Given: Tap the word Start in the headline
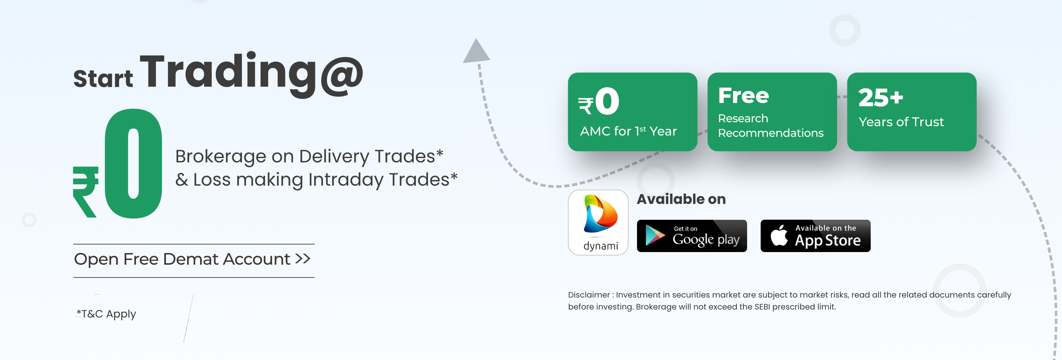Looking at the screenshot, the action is [103, 78].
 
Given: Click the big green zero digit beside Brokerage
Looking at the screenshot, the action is [133, 163].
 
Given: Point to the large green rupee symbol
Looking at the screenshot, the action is [86, 192].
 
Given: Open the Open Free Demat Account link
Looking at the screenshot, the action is [192, 259].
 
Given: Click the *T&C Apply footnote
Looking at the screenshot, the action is [106, 314].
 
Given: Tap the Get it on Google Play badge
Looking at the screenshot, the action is [692, 236].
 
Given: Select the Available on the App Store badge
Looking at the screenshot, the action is [815, 236].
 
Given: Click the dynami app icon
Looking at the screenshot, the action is [598, 223].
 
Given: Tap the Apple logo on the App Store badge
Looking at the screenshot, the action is [779, 235].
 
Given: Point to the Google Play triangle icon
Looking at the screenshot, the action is [655, 235].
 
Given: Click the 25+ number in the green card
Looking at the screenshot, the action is [880, 98].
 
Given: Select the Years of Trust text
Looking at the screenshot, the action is [901, 122].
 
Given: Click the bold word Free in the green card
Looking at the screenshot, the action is [743, 96].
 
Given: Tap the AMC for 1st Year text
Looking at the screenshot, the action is [628, 131].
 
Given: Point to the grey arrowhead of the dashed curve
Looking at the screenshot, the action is [477, 51].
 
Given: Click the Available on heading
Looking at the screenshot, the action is [681, 199].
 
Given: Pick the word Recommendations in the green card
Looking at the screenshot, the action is [771, 133].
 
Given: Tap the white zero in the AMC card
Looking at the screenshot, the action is [607, 101].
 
